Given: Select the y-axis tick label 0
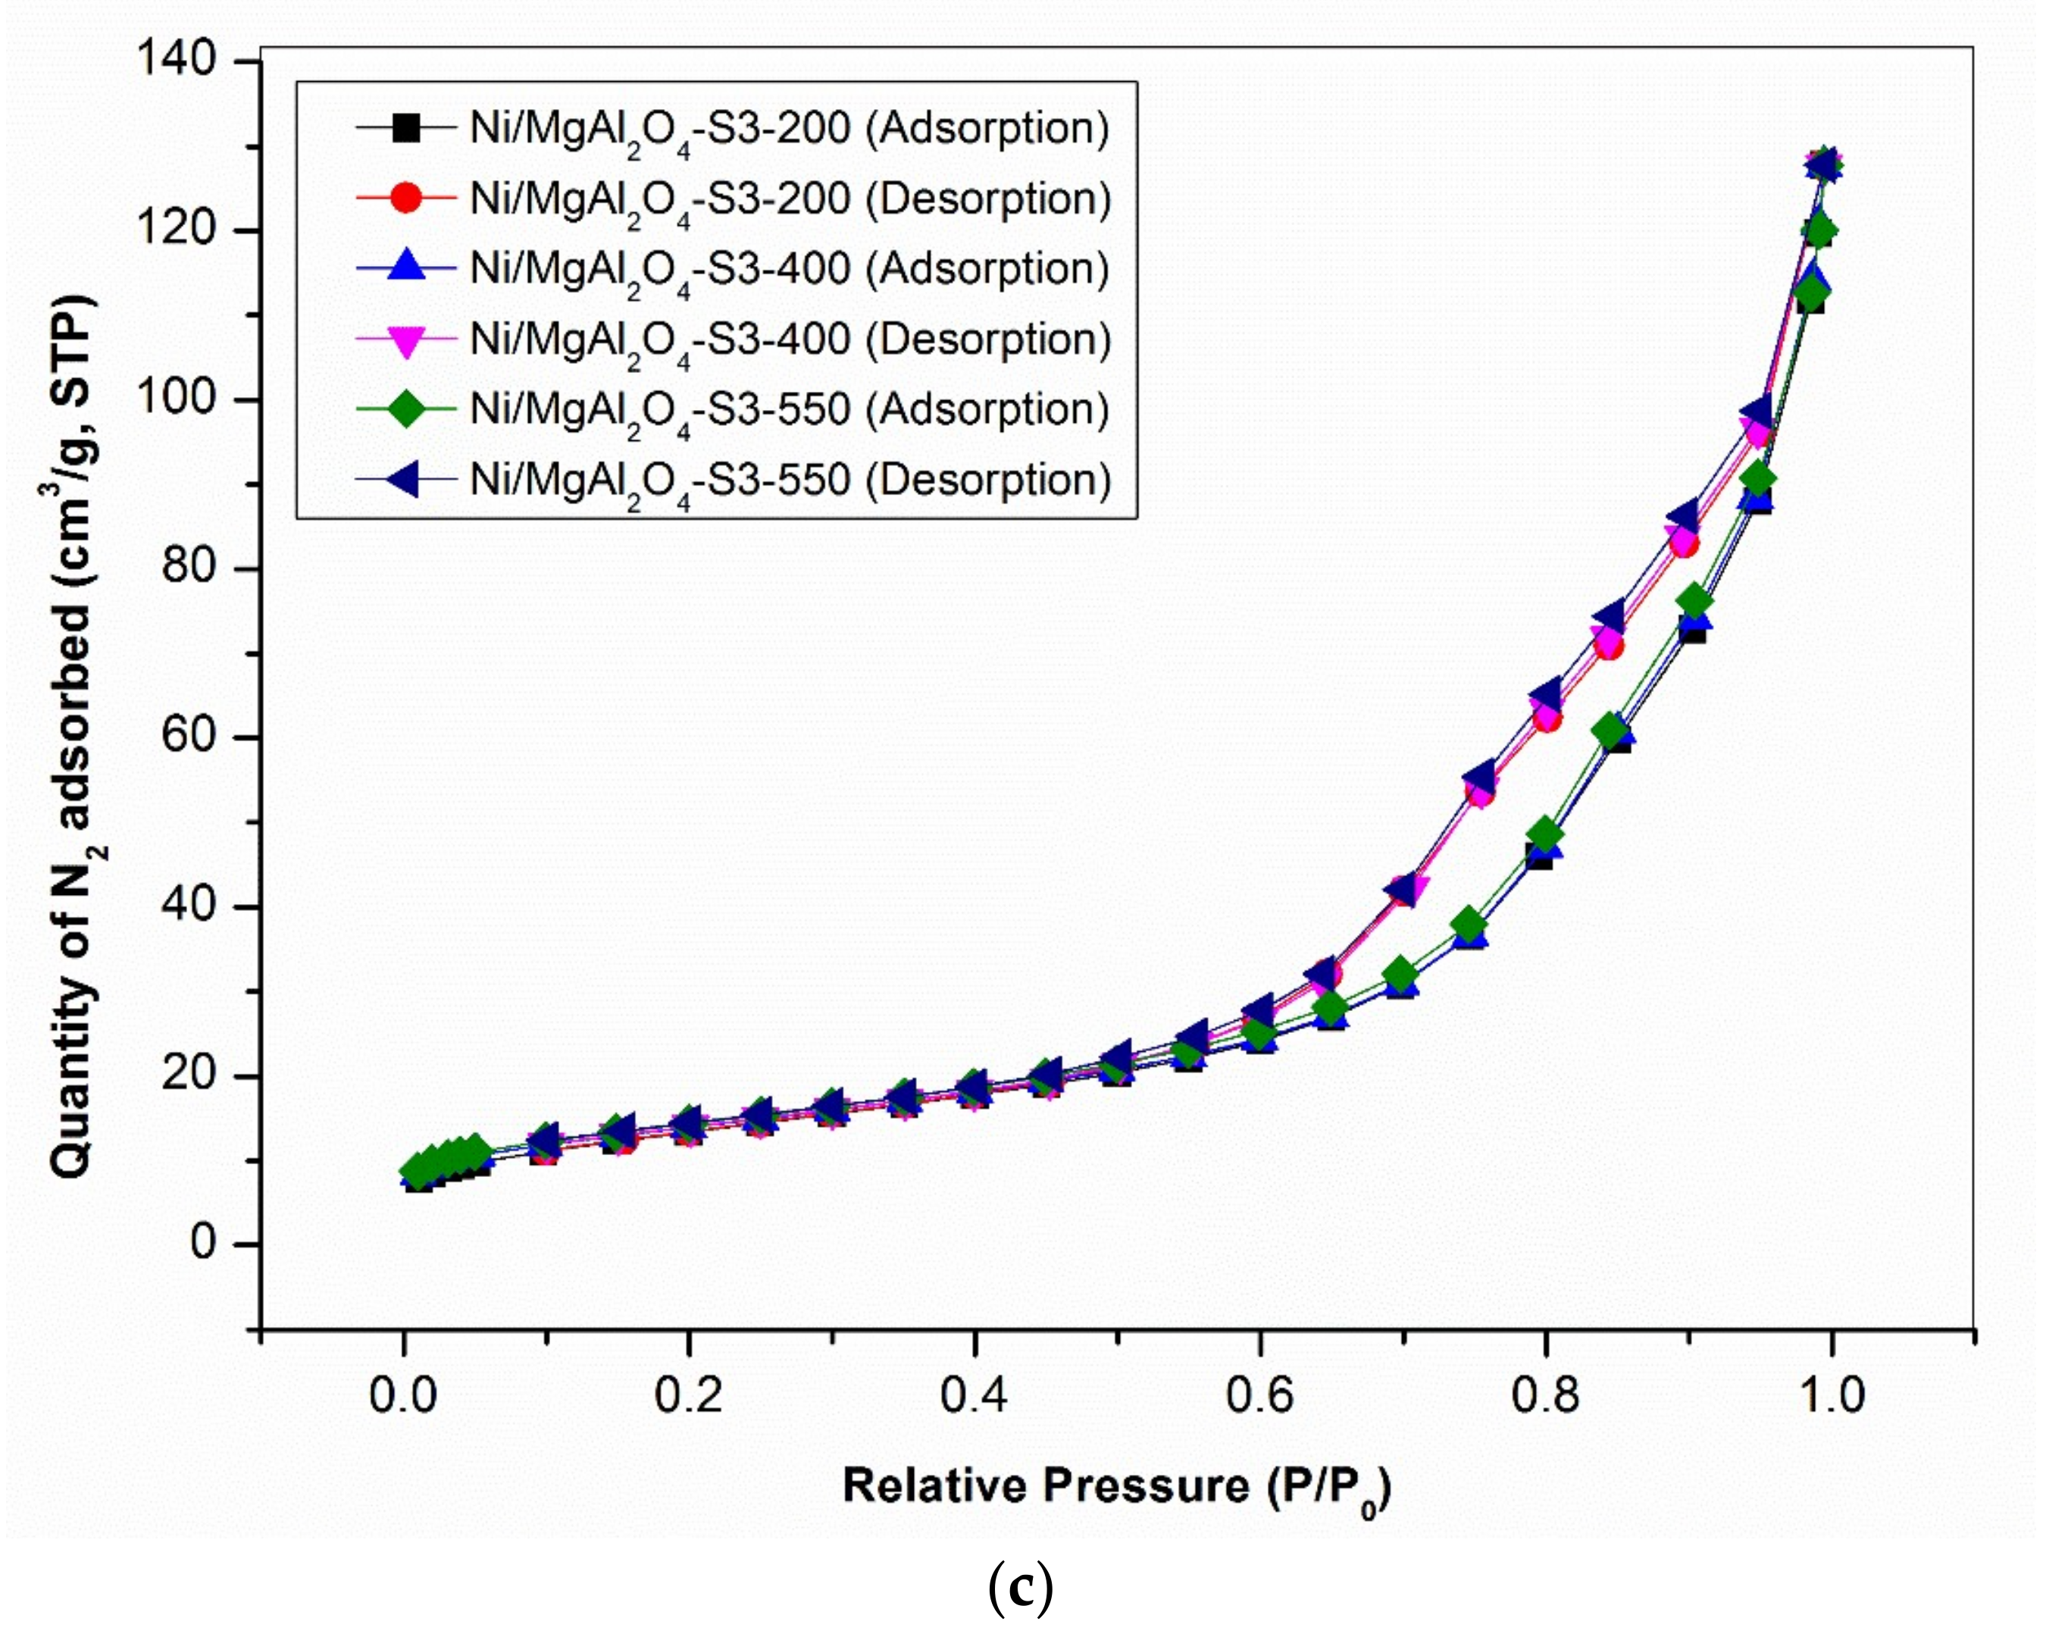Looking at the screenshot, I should coord(204,1242).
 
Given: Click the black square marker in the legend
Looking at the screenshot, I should coord(406,127).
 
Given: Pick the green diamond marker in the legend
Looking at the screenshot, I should coord(406,409).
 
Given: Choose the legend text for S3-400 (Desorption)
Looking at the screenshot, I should coord(790,340).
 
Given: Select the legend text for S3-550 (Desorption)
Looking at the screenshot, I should coord(790,480).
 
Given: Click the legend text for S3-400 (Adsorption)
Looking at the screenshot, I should coord(790,270).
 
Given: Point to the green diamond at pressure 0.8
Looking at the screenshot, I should coord(1546,835).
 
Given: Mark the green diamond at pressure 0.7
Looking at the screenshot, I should coord(1402,975).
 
